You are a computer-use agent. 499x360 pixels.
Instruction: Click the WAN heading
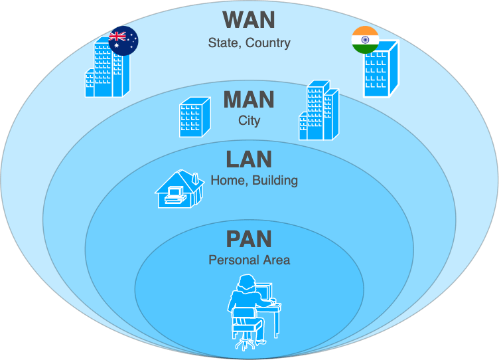click(x=249, y=19)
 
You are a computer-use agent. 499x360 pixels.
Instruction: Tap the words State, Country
click(x=249, y=43)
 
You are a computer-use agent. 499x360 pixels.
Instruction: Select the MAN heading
click(x=249, y=100)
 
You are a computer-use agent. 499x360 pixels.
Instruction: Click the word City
click(x=249, y=121)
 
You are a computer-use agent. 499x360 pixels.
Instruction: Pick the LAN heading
click(x=249, y=159)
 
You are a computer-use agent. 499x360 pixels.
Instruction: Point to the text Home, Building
click(x=253, y=180)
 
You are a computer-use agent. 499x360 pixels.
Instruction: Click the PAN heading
click(x=249, y=238)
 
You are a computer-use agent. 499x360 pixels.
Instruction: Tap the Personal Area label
click(x=249, y=260)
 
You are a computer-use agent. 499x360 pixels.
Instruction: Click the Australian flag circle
click(x=123, y=41)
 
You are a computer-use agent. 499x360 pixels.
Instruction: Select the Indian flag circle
click(x=364, y=40)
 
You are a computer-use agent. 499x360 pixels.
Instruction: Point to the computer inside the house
click(x=175, y=194)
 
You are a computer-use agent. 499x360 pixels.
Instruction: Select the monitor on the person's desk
click(x=265, y=293)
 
